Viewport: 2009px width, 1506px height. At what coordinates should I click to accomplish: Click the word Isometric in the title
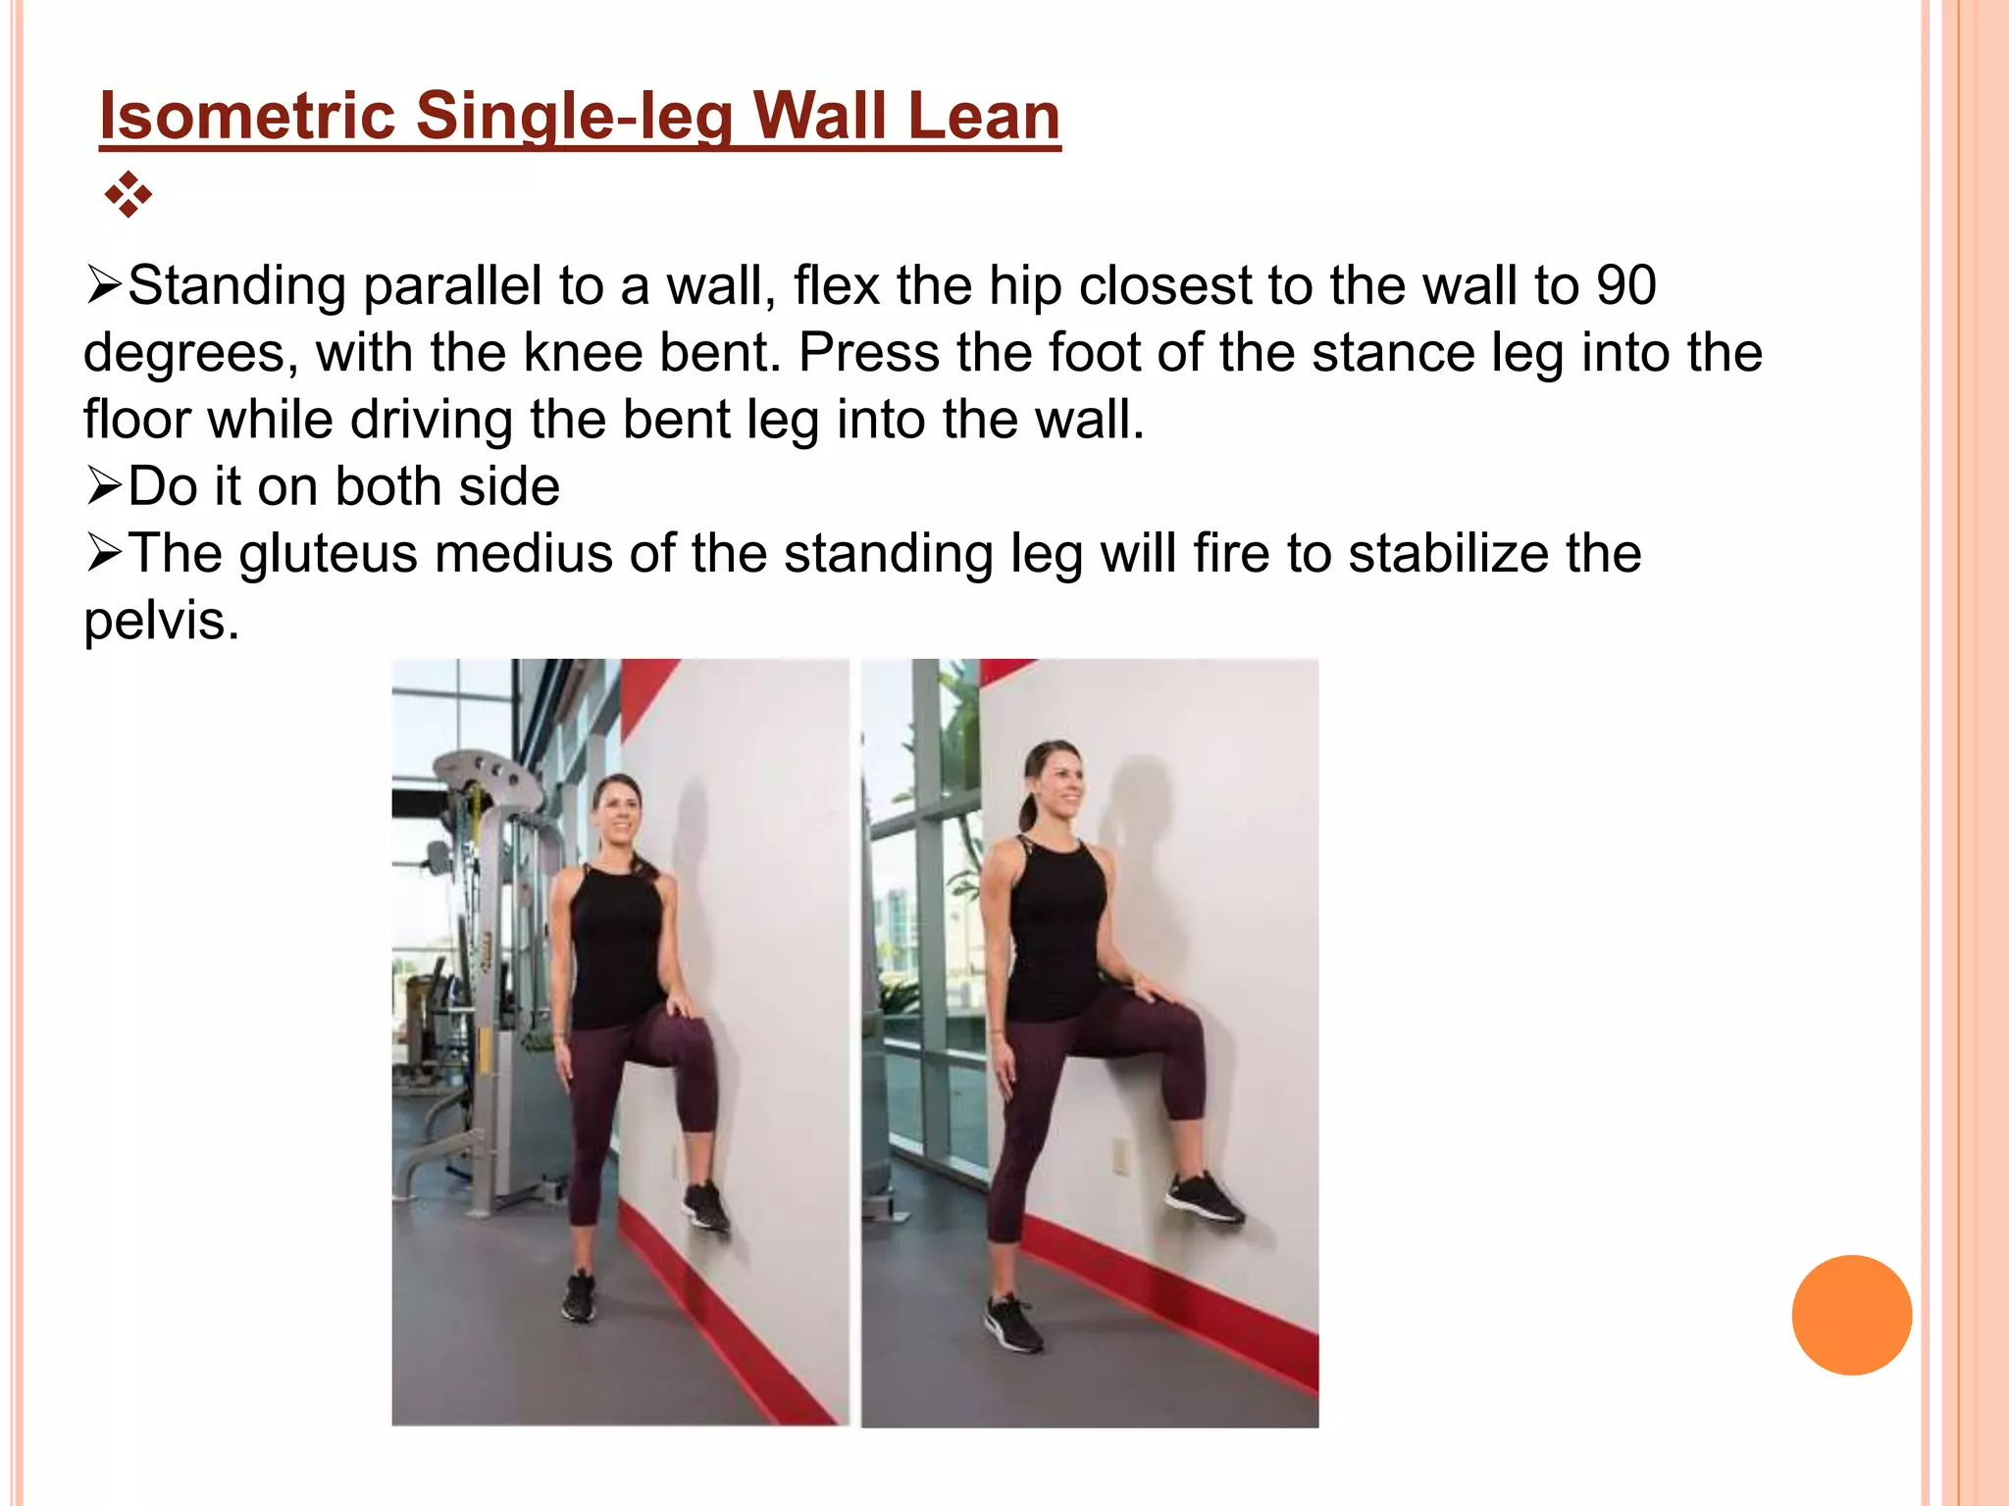[x=246, y=116]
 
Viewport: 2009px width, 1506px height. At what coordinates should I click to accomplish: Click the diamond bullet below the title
[x=128, y=194]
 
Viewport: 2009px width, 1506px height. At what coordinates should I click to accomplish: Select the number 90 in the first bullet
[x=1625, y=285]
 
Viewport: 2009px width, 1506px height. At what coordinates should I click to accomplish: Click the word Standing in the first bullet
[x=236, y=286]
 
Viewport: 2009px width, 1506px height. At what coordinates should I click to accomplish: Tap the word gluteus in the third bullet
[x=328, y=554]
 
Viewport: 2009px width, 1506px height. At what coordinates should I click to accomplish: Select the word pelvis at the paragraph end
[x=160, y=621]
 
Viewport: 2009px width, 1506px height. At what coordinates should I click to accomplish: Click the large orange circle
[x=1851, y=1315]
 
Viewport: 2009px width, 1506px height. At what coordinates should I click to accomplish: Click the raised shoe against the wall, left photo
[x=706, y=1207]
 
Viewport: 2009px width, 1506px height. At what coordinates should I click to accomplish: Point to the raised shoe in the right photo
[x=1205, y=1198]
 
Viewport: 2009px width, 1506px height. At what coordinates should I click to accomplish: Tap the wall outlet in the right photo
[x=1119, y=1157]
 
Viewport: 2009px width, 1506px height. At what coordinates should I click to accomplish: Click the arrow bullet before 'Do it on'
[x=104, y=486]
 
